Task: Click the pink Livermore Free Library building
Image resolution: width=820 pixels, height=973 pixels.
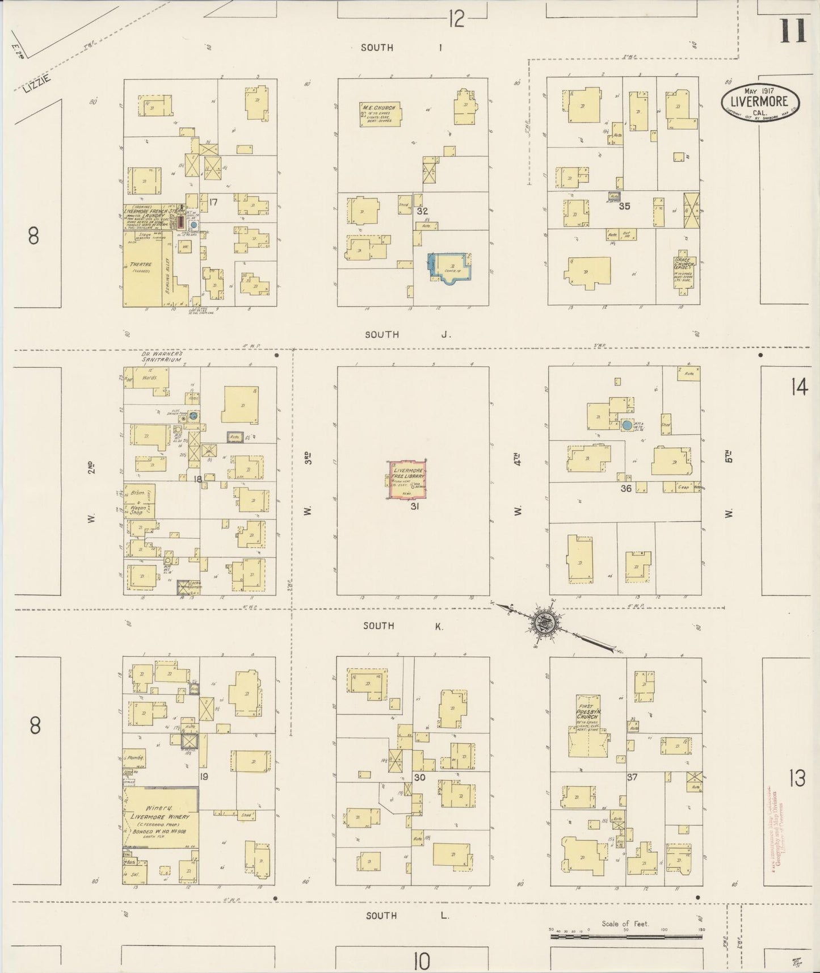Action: point(407,480)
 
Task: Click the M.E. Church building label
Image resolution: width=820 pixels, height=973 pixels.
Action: point(381,114)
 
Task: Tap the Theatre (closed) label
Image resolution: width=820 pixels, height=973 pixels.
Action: point(141,266)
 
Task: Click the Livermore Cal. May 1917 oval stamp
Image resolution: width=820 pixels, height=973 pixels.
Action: point(760,100)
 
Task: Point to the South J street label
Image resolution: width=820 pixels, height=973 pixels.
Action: point(407,334)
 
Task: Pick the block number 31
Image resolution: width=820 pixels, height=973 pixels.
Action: point(415,506)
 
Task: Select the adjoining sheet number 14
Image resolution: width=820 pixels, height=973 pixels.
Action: point(798,387)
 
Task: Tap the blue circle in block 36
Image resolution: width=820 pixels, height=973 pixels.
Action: point(626,425)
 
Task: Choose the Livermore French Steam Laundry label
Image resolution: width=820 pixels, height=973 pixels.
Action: point(150,213)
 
